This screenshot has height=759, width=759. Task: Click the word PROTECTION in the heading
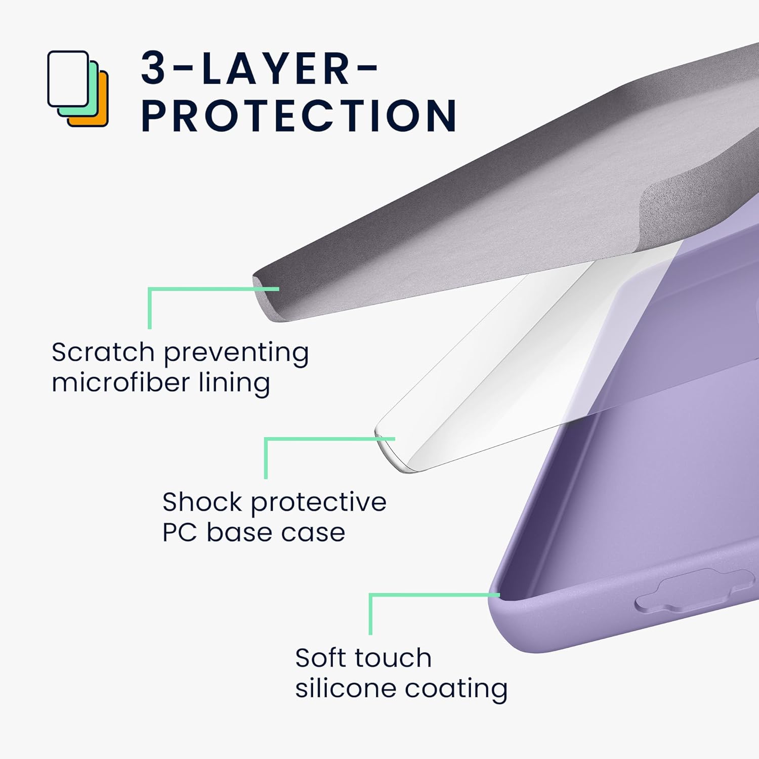coord(299,115)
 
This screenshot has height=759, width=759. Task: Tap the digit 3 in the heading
coord(153,68)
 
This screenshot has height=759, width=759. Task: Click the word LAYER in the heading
coord(276,69)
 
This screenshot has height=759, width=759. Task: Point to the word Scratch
coord(103,352)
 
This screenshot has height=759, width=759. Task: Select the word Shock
coord(202,502)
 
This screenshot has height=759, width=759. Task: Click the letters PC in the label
coord(180,532)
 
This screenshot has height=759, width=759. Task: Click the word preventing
coord(236,353)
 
